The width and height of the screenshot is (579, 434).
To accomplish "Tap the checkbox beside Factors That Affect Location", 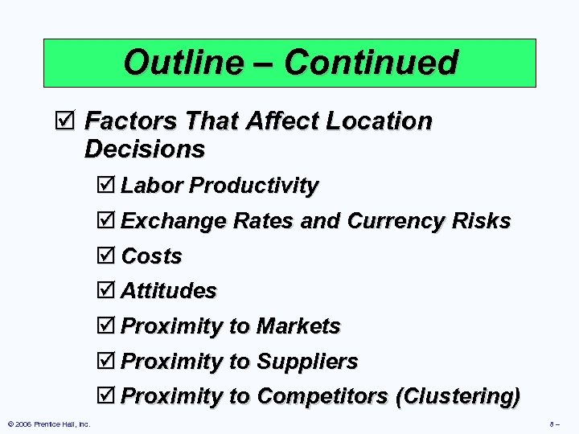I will tap(70, 122).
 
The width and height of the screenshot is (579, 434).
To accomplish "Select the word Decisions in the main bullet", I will tap(145, 149).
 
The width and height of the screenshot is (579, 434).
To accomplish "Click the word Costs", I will tap(151, 256).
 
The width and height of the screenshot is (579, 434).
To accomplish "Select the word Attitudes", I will tap(168, 290).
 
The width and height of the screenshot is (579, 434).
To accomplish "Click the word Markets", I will tap(298, 326).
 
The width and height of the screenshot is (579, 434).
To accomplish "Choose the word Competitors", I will tap(324, 396).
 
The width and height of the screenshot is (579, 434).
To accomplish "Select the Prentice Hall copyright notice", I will tap(48, 424).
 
